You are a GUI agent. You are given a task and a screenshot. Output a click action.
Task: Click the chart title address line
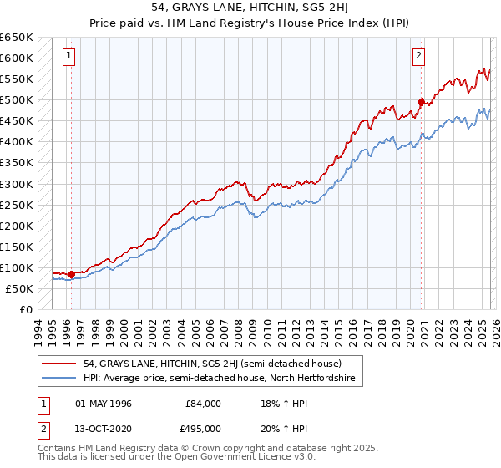pyautogui.click(x=250, y=8)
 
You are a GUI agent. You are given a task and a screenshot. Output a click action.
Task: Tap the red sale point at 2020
pyautogui.click(x=421, y=102)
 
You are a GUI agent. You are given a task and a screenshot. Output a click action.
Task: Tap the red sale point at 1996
pyautogui.click(x=71, y=273)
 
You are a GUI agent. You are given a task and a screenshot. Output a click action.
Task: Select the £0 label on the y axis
pyautogui.click(x=25, y=309)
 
